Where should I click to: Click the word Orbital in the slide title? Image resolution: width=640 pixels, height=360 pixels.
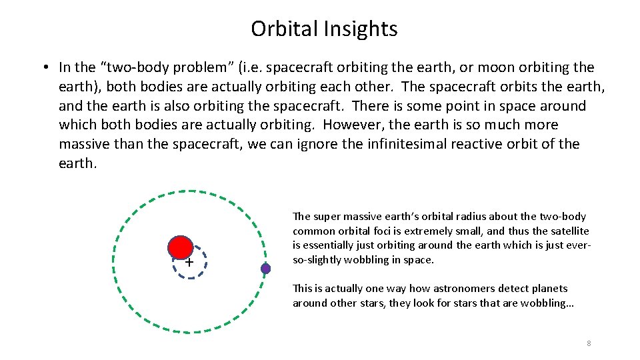point(285,29)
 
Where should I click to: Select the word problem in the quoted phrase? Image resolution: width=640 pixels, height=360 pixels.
point(169,67)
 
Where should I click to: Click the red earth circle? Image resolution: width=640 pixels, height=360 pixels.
point(179,247)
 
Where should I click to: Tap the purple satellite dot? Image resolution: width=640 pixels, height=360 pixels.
point(265,269)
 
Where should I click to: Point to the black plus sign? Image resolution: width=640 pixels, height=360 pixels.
point(189,263)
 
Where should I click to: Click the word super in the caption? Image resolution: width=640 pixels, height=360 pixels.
point(327,216)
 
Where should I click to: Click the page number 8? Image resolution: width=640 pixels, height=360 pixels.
point(589,343)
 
